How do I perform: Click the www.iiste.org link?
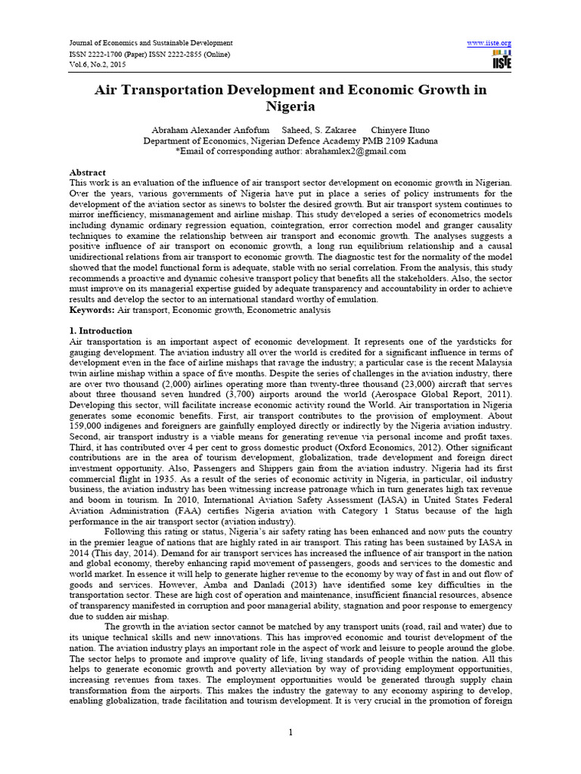[490, 43]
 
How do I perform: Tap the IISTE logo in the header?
[502, 60]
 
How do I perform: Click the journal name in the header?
[151, 43]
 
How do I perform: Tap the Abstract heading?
[88, 172]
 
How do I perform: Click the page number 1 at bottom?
[290, 732]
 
